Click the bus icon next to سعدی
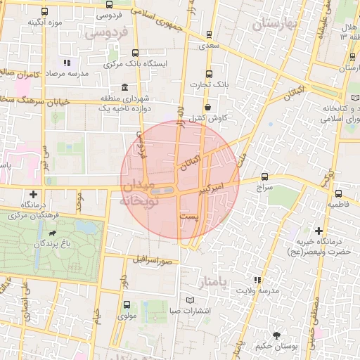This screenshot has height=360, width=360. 209,34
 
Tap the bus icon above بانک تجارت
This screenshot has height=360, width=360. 208,74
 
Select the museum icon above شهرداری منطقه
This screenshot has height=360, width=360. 124,88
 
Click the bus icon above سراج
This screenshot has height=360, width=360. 264,176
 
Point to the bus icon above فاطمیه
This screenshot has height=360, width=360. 339,193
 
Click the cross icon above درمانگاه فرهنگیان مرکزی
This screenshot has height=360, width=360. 33,194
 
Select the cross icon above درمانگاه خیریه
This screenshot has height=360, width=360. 319,231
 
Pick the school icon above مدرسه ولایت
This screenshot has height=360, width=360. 257,279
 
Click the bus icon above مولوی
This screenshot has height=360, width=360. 127,305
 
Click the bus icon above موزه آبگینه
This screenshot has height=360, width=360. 46,12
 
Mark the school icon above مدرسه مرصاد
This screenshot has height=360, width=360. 67,63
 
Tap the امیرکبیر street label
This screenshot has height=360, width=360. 210,188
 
